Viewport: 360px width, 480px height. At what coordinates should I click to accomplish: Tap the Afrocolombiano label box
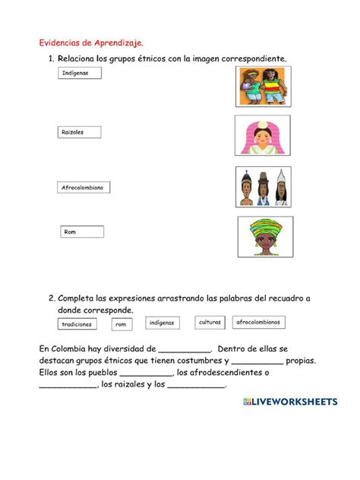[x=84, y=187]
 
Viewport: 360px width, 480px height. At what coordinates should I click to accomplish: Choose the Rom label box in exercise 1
[x=82, y=232]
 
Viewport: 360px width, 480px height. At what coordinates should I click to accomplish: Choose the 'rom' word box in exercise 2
[x=122, y=325]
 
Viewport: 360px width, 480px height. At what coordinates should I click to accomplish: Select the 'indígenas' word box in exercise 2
[x=161, y=323]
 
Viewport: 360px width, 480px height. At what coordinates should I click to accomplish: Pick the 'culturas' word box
[x=210, y=323]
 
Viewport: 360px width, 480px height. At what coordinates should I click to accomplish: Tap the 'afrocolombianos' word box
[x=258, y=322]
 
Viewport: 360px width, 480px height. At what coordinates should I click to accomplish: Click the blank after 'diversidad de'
[x=185, y=349]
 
